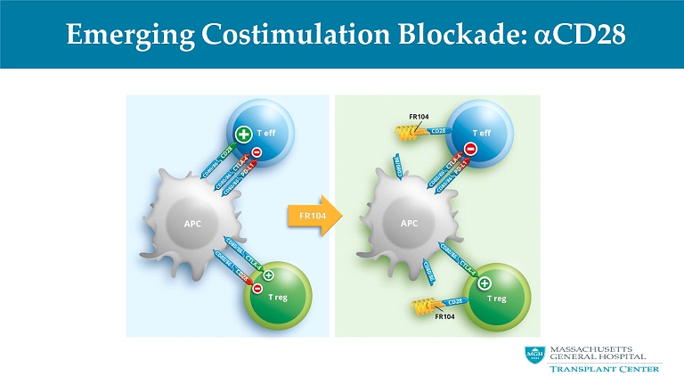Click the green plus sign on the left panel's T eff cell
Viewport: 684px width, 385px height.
[242, 135]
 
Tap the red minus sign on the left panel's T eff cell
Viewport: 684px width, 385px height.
[256, 152]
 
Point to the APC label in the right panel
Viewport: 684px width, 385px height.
[410, 223]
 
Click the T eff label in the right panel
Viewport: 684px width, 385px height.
[481, 132]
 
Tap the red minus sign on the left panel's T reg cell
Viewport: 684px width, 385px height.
[256, 288]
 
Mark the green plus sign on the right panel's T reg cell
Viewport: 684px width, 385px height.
[483, 283]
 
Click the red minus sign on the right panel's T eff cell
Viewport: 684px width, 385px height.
[470, 149]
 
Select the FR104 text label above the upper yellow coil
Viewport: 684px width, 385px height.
[419, 116]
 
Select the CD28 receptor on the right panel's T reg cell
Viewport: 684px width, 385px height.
[454, 301]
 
